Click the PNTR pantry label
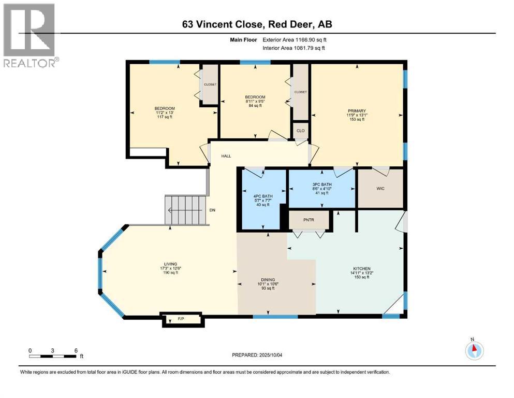pos(309,220)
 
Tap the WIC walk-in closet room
pos(380,189)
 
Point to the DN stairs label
pos(212,210)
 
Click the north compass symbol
pos(474,350)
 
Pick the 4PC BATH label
pos(263,196)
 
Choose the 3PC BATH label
pos(322,184)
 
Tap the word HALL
pos(226,156)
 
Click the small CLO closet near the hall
pos(300,131)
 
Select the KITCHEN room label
pos(362,268)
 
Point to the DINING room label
pos(268,280)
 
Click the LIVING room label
pos(170,264)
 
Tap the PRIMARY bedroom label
pos(357,111)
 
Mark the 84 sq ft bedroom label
pos(255,101)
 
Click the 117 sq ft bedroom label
pos(165,112)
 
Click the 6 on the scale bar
pos(76,350)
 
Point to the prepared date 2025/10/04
pos(270,355)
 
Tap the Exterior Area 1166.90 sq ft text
pos(295,40)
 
